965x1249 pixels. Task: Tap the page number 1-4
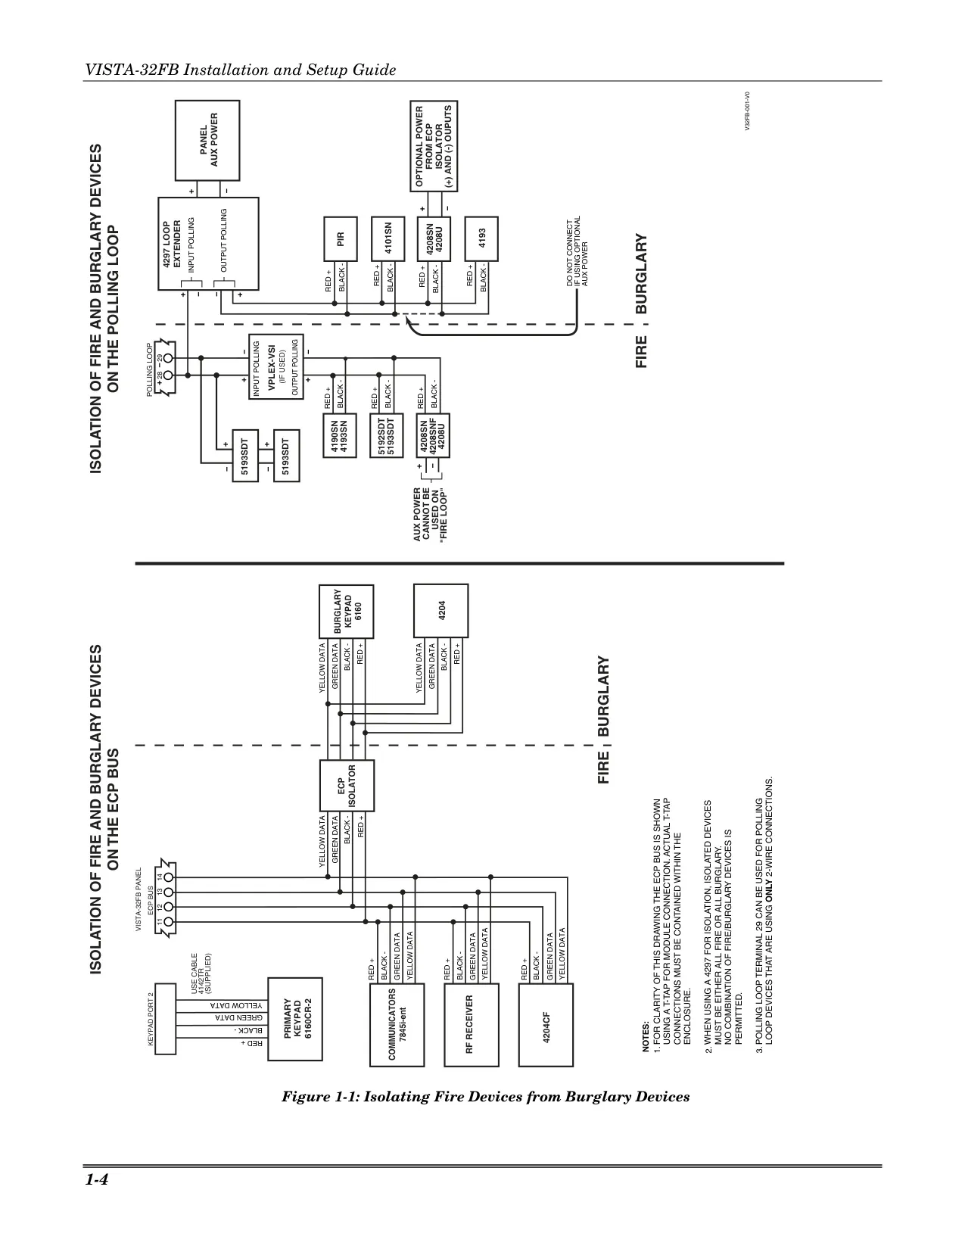[x=97, y=1180]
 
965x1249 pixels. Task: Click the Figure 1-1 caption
[x=486, y=1097]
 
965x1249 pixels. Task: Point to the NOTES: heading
[x=646, y=1036]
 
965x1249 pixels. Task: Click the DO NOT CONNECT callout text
[x=577, y=251]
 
